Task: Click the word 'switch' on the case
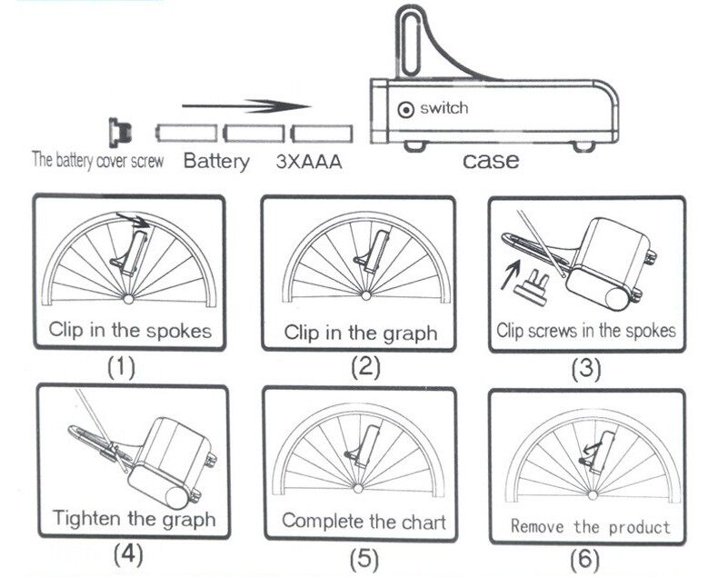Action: (x=444, y=108)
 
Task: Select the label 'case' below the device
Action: (x=491, y=161)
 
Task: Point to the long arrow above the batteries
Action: (x=245, y=106)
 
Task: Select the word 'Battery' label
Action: (x=216, y=163)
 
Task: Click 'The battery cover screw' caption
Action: (x=98, y=163)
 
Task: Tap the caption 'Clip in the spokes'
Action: (x=130, y=329)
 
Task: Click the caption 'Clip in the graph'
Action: (x=361, y=333)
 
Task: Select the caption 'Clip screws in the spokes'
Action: (x=586, y=330)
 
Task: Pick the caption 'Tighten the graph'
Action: (x=134, y=519)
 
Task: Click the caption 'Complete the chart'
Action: (x=364, y=521)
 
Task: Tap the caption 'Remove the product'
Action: (x=590, y=525)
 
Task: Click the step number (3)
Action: (x=586, y=369)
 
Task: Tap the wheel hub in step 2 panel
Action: (x=360, y=297)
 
